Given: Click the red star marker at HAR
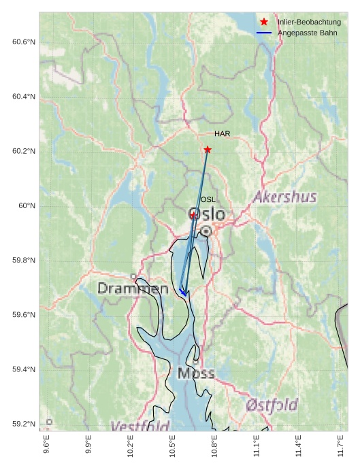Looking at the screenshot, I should click(208, 150).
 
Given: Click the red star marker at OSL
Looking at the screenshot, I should click(193, 215).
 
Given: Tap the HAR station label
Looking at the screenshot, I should click(222, 134).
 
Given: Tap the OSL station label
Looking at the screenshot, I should click(208, 199).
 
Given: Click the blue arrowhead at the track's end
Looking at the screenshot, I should click(183, 293).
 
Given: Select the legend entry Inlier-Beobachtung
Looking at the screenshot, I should click(309, 22).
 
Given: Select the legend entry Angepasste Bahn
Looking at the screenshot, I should click(307, 33).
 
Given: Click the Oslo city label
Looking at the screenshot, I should click(206, 214).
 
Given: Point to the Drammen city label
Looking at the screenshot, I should click(133, 288).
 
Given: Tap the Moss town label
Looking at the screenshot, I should click(196, 373).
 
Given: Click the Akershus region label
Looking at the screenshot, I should click(285, 197).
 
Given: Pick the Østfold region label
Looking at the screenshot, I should click(272, 405).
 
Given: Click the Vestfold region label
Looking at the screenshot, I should click(140, 426).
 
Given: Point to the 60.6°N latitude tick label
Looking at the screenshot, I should click(24, 42).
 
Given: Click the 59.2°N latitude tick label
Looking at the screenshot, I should click(24, 424).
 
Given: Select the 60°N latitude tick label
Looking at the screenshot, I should click(27, 205).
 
